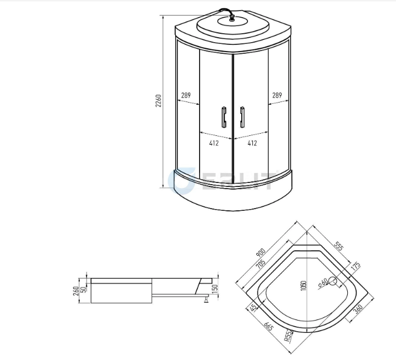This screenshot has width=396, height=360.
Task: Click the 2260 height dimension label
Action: [x=159, y=100]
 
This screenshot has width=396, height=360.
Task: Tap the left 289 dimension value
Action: [x=186, y=95]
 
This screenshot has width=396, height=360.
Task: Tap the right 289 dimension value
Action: [x=277, y=95]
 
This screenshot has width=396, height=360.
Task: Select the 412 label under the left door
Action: [x=214, y=143]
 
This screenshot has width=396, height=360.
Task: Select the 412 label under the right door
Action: [x=252, y=143]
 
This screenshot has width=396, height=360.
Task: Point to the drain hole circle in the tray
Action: [x=333, y=282]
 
